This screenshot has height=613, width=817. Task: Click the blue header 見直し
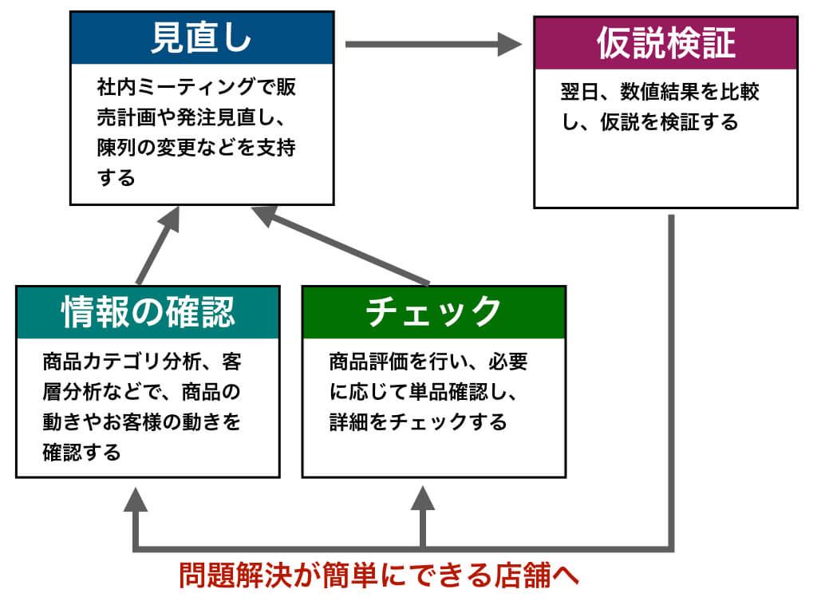[201, 38]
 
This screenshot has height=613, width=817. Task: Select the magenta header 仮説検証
[665, 43]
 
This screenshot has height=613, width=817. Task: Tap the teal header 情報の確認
[148, 312]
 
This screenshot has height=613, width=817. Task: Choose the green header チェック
[433, 312]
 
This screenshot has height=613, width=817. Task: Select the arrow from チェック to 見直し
[343, 247]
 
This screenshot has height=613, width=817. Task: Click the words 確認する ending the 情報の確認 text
[81, 453]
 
